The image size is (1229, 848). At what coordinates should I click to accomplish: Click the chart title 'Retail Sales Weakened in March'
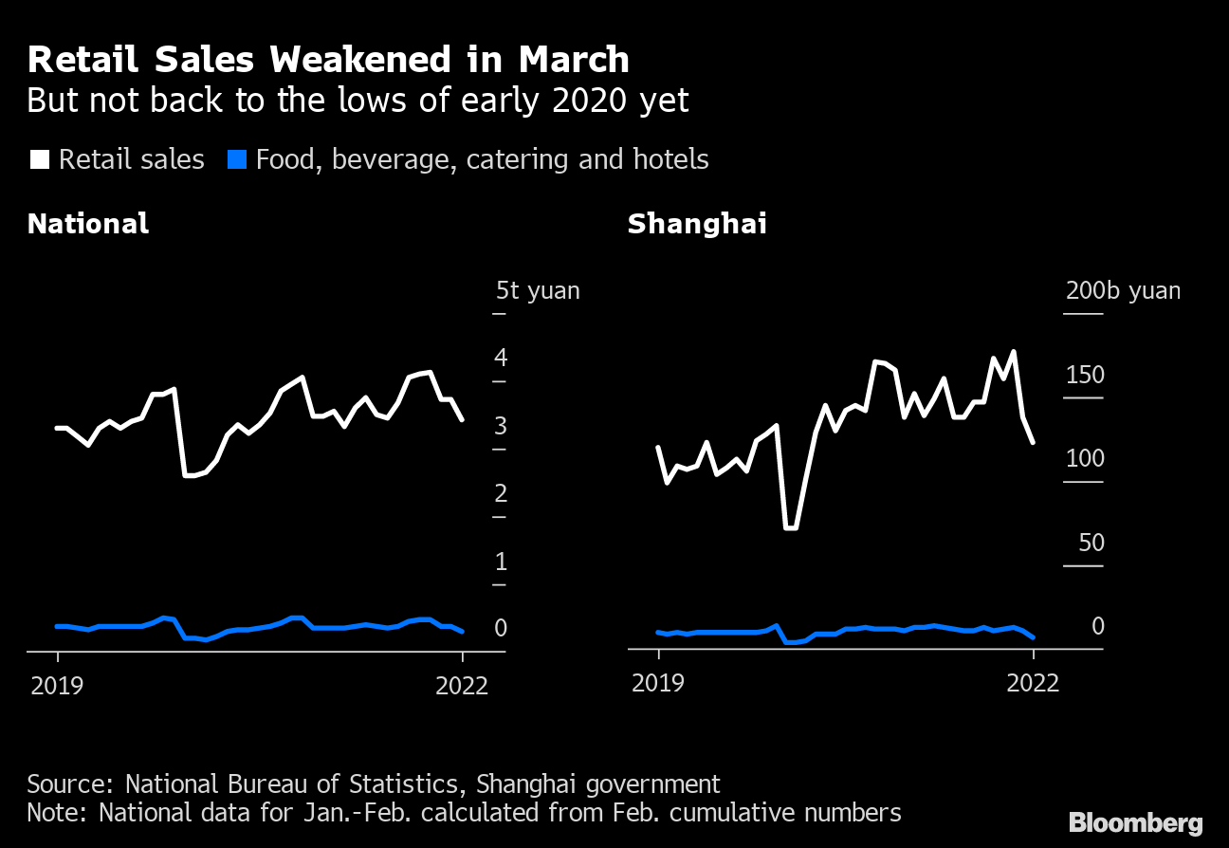(x=328, y=60)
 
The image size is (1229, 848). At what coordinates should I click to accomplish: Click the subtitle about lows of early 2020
(x=358, y=101)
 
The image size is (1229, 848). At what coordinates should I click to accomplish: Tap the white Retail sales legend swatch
(x=39, y=159)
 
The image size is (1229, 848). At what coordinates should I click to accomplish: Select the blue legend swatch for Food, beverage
(x=238, y=159)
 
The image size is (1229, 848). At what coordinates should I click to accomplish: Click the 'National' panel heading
(x=88, y=224)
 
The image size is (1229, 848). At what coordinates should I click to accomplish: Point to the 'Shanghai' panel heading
(x=697, y=224)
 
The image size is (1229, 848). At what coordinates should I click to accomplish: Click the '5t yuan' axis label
(x=538, y=290)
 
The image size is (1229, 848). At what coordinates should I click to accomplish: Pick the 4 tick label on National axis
(x=500, y=358)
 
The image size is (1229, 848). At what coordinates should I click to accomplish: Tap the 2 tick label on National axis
(x=500, y=493)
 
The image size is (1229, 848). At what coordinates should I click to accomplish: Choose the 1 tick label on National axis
(x=500, y=562)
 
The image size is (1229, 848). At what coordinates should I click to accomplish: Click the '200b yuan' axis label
(x=1123, y=290)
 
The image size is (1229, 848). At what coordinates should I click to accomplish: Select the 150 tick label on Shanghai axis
(x=1085, y=375)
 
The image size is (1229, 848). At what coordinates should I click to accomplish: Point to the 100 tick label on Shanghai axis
(x=1085, y=459)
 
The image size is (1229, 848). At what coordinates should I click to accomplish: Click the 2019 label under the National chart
(x=58, y=685)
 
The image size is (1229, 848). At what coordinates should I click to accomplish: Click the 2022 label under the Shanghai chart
(x=1032, y=683)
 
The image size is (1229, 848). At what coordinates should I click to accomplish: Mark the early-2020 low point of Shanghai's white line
(x=791, y=527)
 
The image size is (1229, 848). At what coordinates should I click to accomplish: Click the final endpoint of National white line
(x=462, y=419)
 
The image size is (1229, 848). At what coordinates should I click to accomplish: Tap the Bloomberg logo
(x=1135, y=822)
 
